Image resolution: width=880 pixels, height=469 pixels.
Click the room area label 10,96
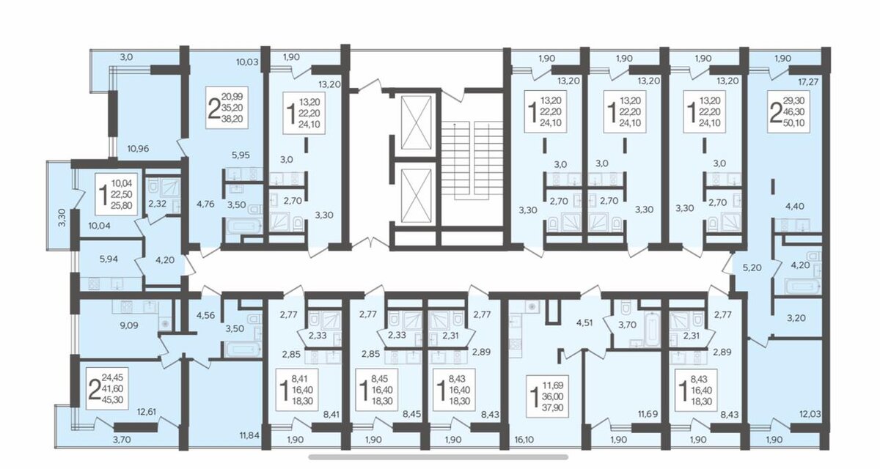point(138,148)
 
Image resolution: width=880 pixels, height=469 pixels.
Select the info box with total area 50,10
point(788,111)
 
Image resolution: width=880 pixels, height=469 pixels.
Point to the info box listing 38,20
point(227,108)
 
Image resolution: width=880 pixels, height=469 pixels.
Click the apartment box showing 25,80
point(116,194)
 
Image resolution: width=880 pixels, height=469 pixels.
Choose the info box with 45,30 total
point(107,388)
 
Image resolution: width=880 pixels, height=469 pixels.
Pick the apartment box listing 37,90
point(547,396)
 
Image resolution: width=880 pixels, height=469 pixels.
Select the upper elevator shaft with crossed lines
point(416,123)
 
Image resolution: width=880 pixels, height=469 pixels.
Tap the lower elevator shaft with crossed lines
point(416,196)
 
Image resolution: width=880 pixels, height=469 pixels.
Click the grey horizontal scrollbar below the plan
point(438,457)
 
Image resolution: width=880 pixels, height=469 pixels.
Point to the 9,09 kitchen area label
point(129,325)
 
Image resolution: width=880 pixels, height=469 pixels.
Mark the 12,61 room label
point(146,412)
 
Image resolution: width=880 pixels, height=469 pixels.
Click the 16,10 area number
point(524,440)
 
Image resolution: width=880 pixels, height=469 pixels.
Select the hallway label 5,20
point(752,267)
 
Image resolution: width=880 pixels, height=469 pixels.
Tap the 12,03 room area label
point(810,414)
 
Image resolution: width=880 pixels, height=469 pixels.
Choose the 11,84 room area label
point(250,435)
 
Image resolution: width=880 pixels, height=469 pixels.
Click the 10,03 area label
point(247,62)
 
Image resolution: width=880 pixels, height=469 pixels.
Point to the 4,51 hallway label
point(585,323)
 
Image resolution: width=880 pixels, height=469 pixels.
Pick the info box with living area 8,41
point(297,390)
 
